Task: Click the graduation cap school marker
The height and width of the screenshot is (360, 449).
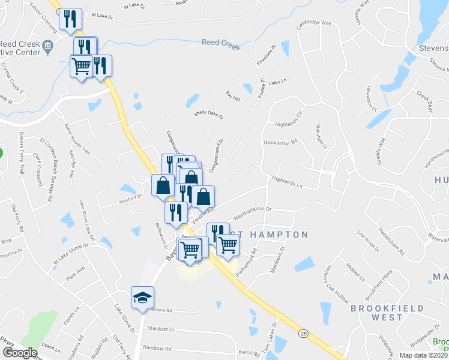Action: [x=142, y=298]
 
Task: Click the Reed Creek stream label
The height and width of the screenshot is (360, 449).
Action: [x=220, y=43]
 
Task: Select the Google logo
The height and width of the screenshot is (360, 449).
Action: [x=20, y=352]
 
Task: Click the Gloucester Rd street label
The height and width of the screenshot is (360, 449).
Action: [x=281, y=143]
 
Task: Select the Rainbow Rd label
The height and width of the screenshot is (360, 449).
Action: [x=158, y=347]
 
